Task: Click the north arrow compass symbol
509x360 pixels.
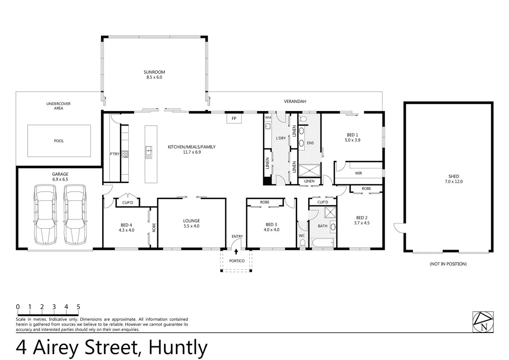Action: [x=483, y=322]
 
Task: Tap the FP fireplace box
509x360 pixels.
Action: [x=234, y=118]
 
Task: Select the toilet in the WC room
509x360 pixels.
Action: [x=302, y=244]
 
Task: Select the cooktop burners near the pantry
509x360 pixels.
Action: [x=125, y=154]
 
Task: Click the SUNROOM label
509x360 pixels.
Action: [x=154, y=72]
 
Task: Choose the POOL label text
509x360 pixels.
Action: [x=59, y=141]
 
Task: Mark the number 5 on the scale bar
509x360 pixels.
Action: [x=78, y=307]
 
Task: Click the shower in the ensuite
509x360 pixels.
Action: [x=309, y=170]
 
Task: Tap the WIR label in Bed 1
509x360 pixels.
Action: [x=358, y=173]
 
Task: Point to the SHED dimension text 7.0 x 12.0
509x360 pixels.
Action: [x=454, y=182]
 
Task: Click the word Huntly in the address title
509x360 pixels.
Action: [x=178, y=347]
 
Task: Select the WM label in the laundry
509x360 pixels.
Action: [x=268, y=118]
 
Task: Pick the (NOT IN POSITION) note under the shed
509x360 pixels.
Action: [x=448, y=264]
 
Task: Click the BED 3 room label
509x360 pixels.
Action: [x=271, y=225]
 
